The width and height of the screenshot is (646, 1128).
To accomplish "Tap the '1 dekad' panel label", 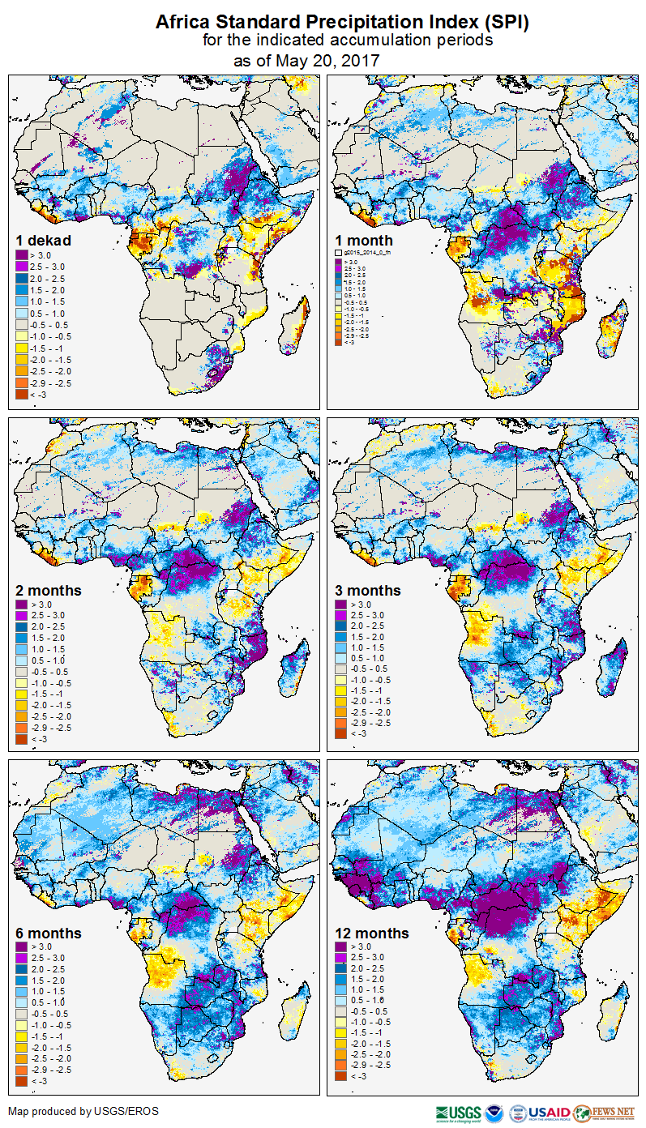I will (x=44, y=241).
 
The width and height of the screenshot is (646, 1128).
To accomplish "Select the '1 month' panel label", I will (x=364, y=241).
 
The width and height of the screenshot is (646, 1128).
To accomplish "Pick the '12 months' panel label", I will (x=372, y=934).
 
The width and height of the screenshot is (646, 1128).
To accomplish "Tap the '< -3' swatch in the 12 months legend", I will (x=341, y=1076).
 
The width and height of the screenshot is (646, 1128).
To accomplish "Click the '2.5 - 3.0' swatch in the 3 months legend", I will (x=341, y=616).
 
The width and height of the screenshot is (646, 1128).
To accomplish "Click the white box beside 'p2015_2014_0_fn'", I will (x=340, y=253).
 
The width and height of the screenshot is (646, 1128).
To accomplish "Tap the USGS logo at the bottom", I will (x=459, y=1113).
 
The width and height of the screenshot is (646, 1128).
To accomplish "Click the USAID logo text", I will (x=551, y=1113).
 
